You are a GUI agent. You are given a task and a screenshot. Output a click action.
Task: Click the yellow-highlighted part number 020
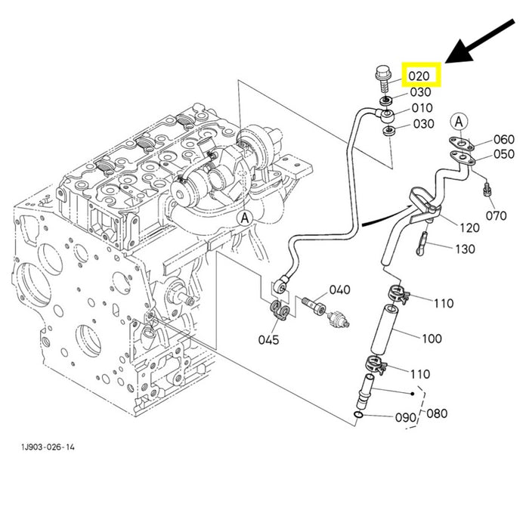point(419,76)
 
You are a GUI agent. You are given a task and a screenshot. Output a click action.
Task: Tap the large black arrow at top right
point(480,41)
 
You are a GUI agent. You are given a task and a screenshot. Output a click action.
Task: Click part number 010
point(422,108)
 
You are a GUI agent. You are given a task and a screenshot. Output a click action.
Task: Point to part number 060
point(504,139)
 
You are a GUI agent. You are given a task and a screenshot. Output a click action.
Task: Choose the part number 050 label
point(504,154)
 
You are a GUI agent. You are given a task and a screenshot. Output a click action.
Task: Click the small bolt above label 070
point(487,189)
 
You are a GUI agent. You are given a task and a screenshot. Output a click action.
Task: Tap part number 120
point(469,227)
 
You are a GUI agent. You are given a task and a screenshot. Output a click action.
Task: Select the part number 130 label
point(465,249)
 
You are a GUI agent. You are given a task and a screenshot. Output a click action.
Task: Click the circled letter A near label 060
point(459,122)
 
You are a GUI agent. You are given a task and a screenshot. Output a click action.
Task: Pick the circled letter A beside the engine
point(245,218)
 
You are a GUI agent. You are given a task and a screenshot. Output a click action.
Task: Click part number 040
point(340,289)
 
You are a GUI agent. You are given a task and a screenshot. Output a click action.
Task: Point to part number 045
point(268,340)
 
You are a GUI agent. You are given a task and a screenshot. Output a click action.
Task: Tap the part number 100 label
point(432,339)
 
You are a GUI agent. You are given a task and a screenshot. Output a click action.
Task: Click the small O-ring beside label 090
point(359,415)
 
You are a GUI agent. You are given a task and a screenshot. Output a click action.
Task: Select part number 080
point(437,413)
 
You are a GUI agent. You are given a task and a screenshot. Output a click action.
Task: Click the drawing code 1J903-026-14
point(48,447)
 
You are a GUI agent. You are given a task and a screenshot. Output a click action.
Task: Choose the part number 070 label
point(496,215)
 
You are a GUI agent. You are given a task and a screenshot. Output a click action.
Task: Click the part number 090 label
point(406,418)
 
